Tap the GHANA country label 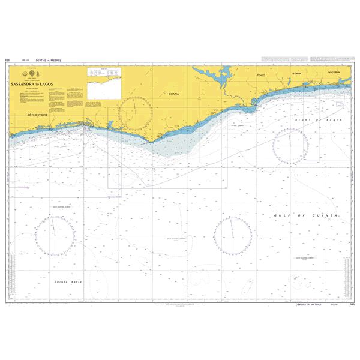[x=174, y=94]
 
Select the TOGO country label [x=260, y=76]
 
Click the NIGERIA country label [x=334, y=71]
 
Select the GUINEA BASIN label [x=68, y=282]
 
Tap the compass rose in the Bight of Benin [x=290, y=146]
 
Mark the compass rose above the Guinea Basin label [x=55, y=235]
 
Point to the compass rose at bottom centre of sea [x=233, y=235]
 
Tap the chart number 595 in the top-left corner [x=7, y=61]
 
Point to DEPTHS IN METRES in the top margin [x=49, y=61]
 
